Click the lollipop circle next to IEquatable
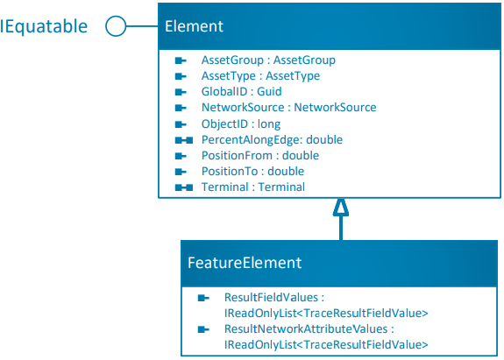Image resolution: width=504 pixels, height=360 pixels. point(115,26)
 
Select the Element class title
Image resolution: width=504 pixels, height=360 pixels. point(194,26)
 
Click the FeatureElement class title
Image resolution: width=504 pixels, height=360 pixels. point(245,262)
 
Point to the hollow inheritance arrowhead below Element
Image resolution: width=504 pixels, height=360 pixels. point(340,207)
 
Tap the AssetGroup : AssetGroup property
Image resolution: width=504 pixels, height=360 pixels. point(268,60)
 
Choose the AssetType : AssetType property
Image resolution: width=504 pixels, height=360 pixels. point(260,76)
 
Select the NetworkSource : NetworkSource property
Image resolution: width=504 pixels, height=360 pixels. point(288,108)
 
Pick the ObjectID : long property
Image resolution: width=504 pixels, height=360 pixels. point(241,124)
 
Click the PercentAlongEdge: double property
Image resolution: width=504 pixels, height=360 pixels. point(272,139)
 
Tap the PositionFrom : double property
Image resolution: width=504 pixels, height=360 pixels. point(260,155)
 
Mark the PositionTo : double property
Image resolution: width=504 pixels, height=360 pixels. point(252,171)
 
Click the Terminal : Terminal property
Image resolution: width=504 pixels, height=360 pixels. point(253,187)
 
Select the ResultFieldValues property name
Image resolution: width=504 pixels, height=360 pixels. point(274,298)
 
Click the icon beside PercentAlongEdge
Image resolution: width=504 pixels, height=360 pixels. point(183,139)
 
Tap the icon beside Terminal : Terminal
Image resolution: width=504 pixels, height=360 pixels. point(183,187)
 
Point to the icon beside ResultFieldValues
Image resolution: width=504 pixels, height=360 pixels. point(203,298)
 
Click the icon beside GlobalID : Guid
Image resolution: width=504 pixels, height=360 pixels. point(181,92)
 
